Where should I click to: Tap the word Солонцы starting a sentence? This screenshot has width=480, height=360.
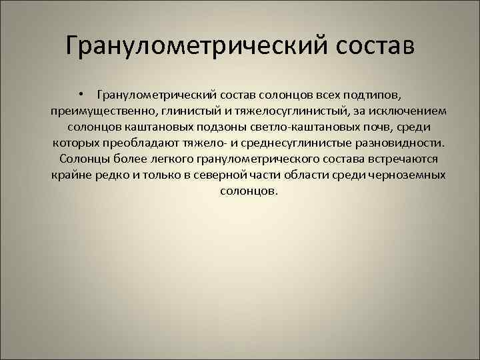pos(81,159)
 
